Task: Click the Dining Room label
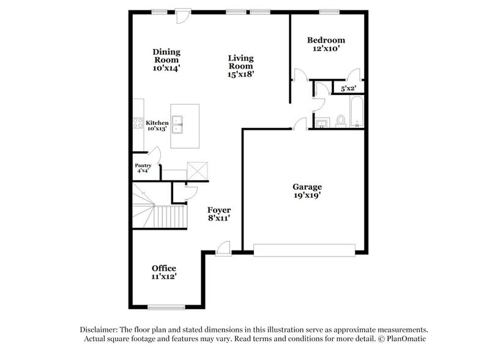click(166, 60)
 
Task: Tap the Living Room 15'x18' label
click(241, 66)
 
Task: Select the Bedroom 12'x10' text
click(326, 44)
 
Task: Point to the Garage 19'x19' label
click(307, 191)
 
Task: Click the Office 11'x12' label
click(164, 272)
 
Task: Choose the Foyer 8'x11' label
click(218, 214)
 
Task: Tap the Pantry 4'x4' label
click(143, 168)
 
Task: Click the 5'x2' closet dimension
click(348, 88)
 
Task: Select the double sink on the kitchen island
click(178, 126)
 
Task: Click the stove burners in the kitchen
click(138, 123)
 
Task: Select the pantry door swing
click(154, 154)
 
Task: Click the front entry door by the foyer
click(224, 248)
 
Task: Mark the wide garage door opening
click(304, 250)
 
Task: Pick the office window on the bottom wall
click(166, 307)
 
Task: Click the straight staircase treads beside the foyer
click(170, 216)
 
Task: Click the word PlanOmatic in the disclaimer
click(405, 339)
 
